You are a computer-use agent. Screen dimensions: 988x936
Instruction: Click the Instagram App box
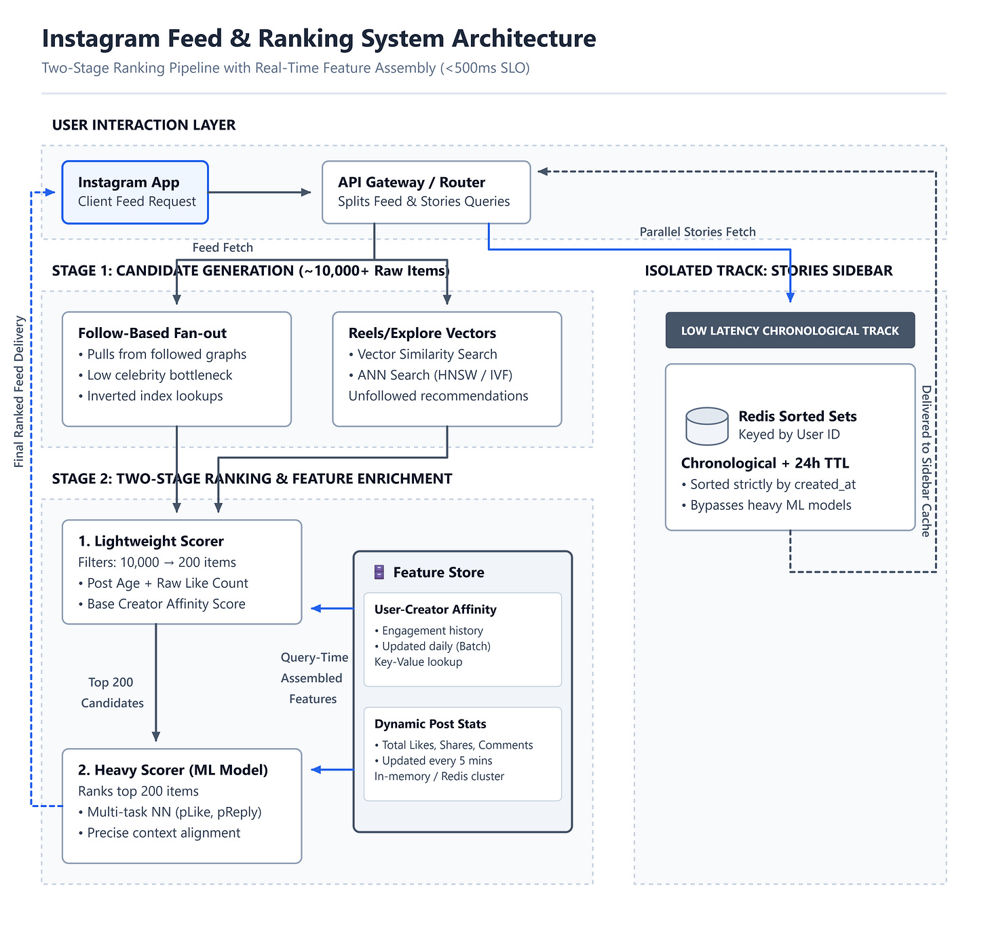tap(134, 192)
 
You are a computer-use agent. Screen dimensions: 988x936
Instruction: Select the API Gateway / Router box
tap(425, 192)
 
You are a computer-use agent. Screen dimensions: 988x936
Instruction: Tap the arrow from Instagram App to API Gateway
tap(259, 192)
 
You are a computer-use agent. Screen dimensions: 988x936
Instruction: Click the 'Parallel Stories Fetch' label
tap(697, 231)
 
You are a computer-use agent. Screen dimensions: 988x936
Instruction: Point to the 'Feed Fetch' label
tap(223, 247)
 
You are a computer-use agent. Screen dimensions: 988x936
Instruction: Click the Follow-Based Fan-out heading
tap(152, 333)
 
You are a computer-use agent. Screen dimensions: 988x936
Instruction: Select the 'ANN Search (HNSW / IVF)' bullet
tap(430, 375)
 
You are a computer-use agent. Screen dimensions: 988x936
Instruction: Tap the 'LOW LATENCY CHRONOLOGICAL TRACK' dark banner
tap(789, 331)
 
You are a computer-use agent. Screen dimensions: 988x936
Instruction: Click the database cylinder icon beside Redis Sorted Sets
tap(706, 426)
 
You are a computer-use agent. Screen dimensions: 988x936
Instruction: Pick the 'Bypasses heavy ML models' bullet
tap(766, 505)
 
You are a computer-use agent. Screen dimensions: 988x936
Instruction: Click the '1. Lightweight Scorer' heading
tap(151, 541)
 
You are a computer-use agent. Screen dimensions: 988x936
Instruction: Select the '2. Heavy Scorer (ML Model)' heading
tap(173, 770)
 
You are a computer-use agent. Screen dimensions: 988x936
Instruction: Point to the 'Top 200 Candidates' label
tap(112, 692)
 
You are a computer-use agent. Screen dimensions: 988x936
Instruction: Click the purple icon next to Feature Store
tap(379, 572)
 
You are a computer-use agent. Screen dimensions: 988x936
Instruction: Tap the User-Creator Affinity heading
tap(435, 610)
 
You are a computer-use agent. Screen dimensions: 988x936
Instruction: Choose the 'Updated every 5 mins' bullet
tap(433, 761)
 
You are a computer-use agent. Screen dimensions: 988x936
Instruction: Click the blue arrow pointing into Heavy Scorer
tap(332, 770)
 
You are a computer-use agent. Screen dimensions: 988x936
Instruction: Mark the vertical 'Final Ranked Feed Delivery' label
tap(18, 391)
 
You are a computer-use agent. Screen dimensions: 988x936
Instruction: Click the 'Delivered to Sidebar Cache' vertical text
tap(926, 461)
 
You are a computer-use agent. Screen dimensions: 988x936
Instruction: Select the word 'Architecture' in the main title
tap(524, 38)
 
